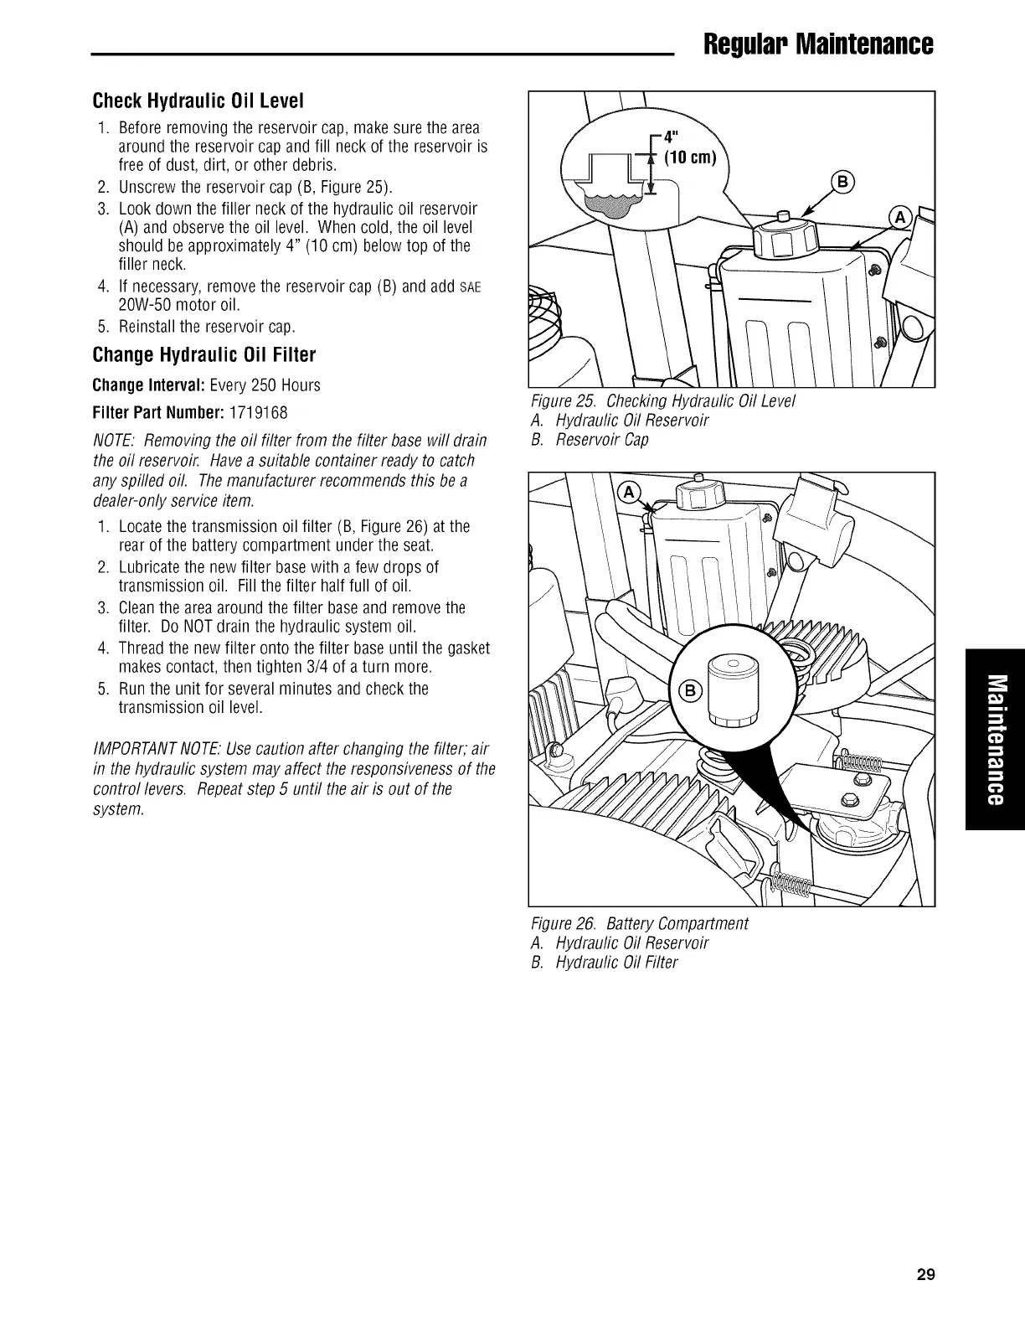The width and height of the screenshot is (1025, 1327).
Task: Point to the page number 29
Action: pos(925,1276)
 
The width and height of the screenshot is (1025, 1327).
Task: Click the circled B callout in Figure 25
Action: pos(841,183)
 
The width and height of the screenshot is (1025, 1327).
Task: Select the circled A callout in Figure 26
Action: pos(627,493)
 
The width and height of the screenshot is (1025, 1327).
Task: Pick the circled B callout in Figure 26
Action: pos(690,691)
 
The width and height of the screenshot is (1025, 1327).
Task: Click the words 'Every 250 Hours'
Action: pos(265,385)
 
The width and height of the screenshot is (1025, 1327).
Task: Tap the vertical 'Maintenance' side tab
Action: pos(994,739)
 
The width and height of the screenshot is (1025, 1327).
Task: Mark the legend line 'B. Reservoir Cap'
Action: pos(590,439)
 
